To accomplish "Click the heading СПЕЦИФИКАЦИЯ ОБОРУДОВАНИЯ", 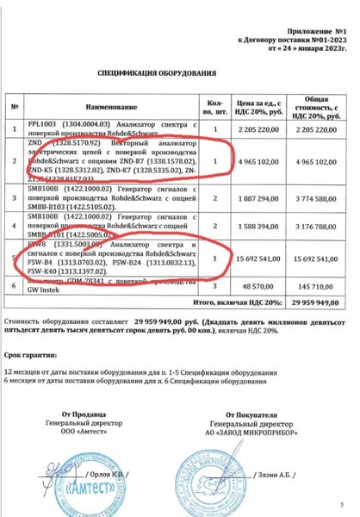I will [x=164, y=75].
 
